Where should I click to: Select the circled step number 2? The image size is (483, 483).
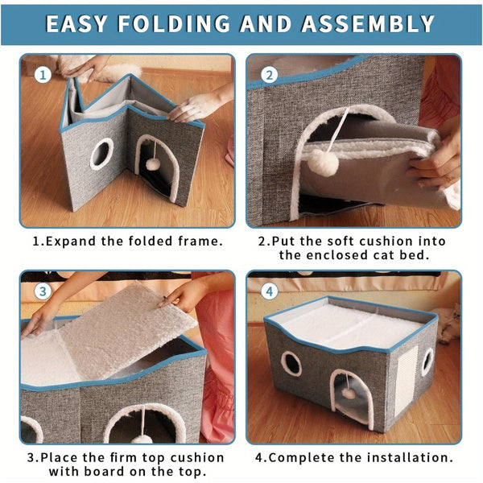269,75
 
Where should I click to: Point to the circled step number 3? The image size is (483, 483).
42,291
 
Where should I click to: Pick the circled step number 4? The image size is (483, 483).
269,291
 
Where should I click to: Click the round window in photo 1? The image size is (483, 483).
101,153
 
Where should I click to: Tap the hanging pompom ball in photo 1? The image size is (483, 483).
151,163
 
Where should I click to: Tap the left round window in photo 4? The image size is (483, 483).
291,363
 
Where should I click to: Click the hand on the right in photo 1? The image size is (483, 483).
197,105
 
